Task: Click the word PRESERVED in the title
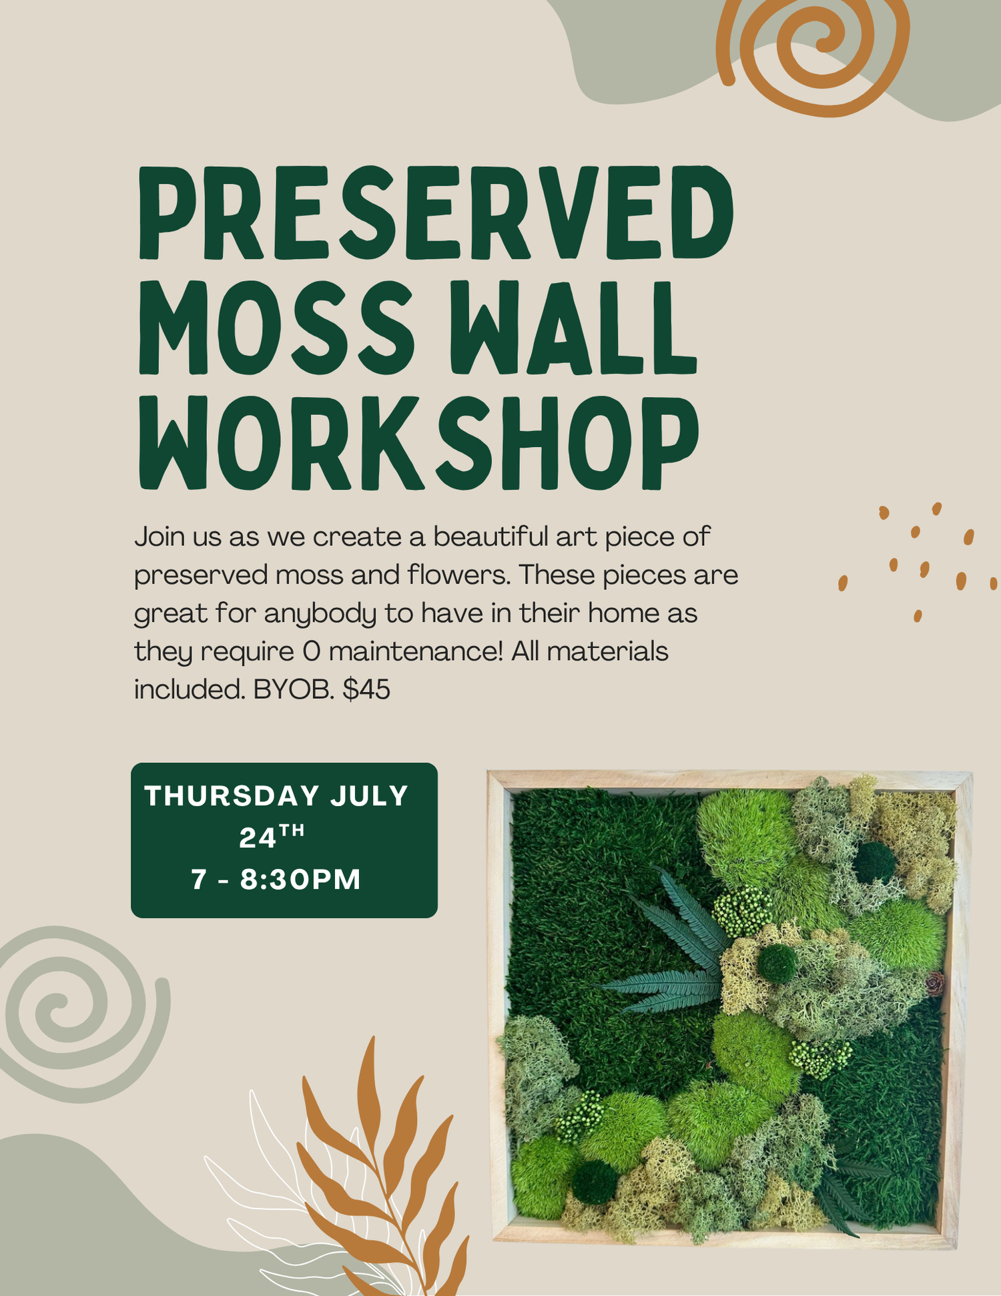pos(436,212)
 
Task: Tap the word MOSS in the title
pos(276,327)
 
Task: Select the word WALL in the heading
pos(574,327)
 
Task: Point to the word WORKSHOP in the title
pos(419,442)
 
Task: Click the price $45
pos(366,689)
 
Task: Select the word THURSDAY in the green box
pos(232,795)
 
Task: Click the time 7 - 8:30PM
pos(276,879)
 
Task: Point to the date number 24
pos(258,838)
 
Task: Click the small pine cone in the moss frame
pos(936,983)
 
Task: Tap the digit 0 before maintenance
pos(312,651)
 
